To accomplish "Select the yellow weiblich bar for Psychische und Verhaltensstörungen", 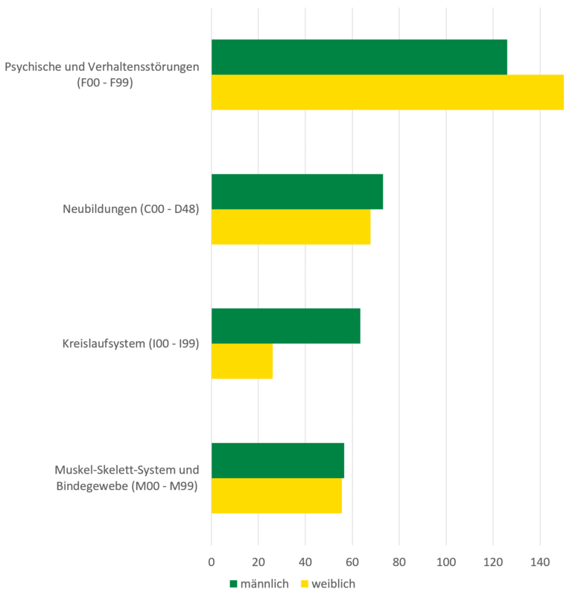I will pos(387,92).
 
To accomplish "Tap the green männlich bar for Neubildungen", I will pos(297,191).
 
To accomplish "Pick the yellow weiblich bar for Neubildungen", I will pos(290,226).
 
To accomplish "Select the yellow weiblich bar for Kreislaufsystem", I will pos(242,360).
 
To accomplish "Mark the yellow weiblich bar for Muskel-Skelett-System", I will pos(276,495).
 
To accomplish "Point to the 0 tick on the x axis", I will pos(212,560).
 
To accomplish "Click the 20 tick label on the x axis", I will pos(258,560).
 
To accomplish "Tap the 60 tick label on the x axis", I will pos(352,560).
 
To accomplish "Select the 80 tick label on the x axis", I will pos(399,560).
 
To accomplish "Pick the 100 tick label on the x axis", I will pos(446,560).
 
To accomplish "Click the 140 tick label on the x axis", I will pos(540,560).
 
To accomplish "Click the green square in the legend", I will pos(233,584).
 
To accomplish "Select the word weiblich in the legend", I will pos(334,584).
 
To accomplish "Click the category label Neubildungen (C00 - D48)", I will pos(130,209).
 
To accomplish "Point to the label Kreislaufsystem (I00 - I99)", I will pos(130,343).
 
